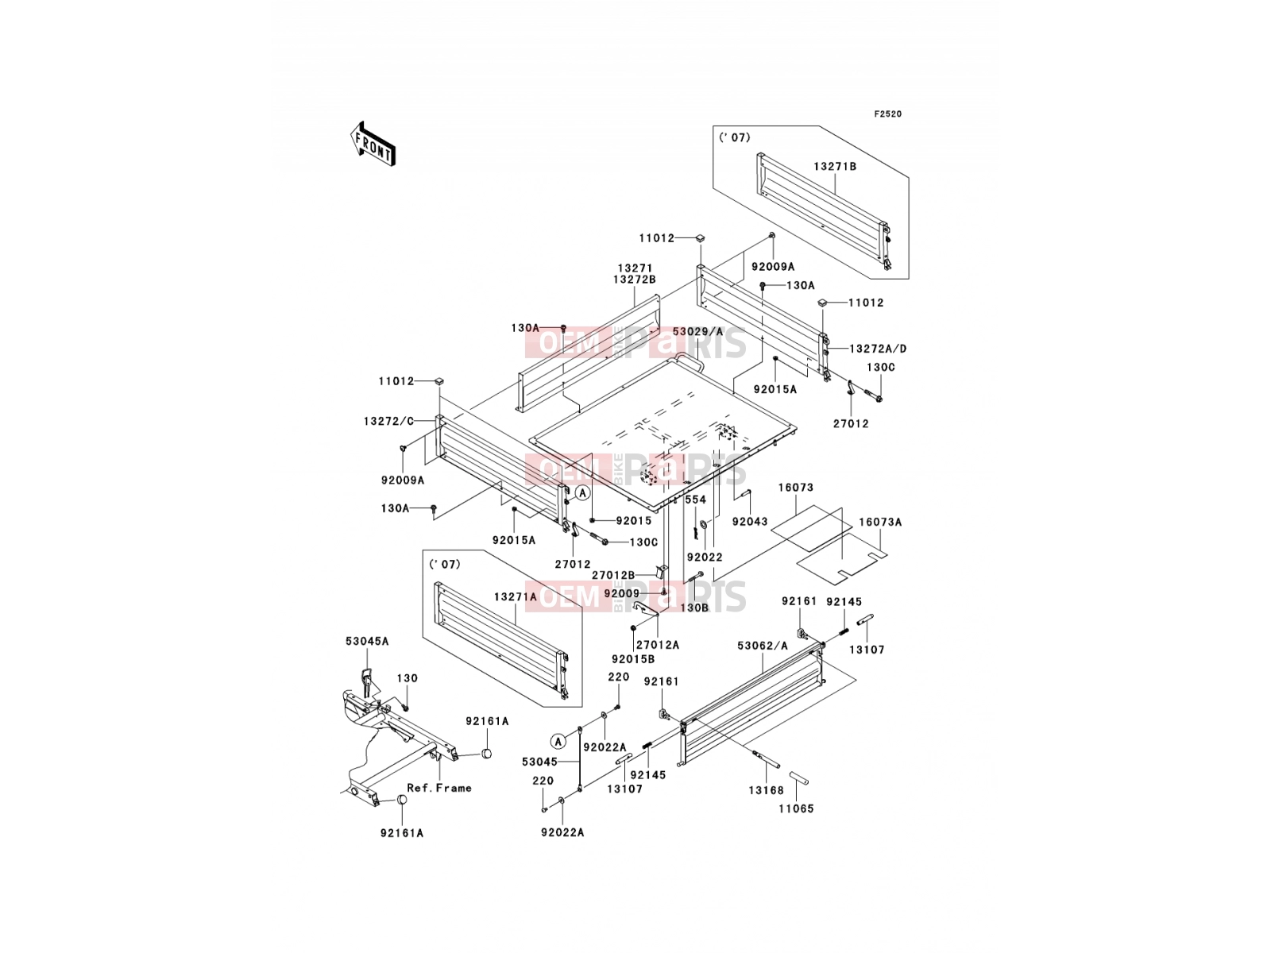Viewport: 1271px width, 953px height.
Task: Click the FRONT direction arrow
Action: tap(373, 145)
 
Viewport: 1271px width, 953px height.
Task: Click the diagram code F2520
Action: tap(887, 114)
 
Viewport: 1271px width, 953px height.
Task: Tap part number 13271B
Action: tap(835, 167)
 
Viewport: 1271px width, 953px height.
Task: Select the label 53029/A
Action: tap(697, 331)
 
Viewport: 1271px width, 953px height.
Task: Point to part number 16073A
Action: tap(880, 522)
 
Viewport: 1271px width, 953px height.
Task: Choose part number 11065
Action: tap(796, 809)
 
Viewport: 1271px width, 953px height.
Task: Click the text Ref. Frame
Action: tap(439, 788)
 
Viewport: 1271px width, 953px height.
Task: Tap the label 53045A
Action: tap(367, 641)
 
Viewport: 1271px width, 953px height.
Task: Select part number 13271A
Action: tap(516, 596)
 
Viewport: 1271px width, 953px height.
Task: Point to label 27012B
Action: tap(613, 575)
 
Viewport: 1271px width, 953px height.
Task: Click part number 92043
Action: tap(750, 521)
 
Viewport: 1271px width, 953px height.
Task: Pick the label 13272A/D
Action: tap(878, 349)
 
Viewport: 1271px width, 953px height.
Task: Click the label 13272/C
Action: tap(388, 421)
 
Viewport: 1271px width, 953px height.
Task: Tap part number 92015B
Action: tap(633, 659)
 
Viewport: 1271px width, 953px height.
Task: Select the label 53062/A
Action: tap(763, 646)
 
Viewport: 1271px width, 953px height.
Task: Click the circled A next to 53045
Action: tap(558, 741)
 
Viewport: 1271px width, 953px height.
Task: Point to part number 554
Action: tap(695, 500)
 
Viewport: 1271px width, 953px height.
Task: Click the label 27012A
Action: tap(658, 645)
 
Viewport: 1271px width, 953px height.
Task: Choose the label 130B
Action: tap(694, 608)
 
